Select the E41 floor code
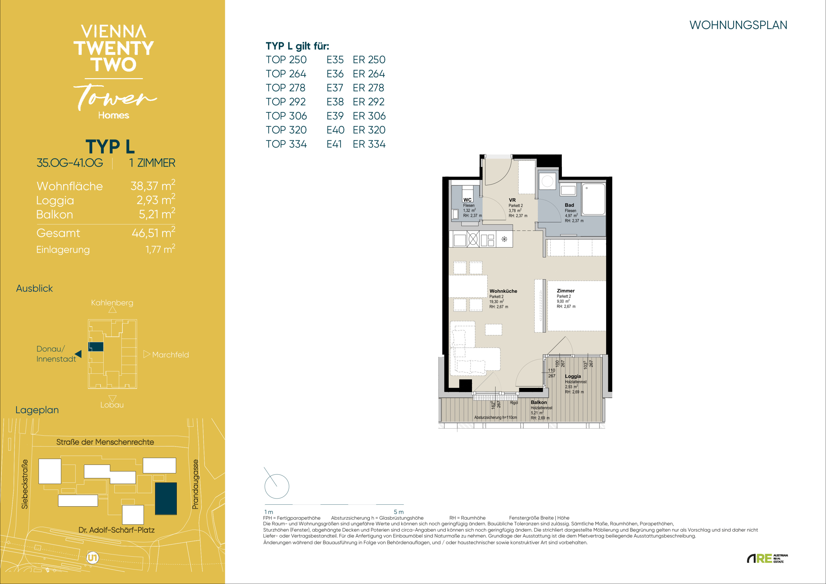coord(334,144)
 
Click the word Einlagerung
coord(63,250)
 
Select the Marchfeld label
coord(170,355)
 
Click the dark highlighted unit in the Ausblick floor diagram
coord(96,347)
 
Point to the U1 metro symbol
coord(93,558)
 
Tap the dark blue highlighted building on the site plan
coord(166,499)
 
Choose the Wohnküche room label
coord(503,291)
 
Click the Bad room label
coord(569,205)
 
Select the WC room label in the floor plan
coord(467,200)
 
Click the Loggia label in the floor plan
coord(573,376)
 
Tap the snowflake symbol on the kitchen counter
coord(504,239)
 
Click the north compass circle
coord(277,486)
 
